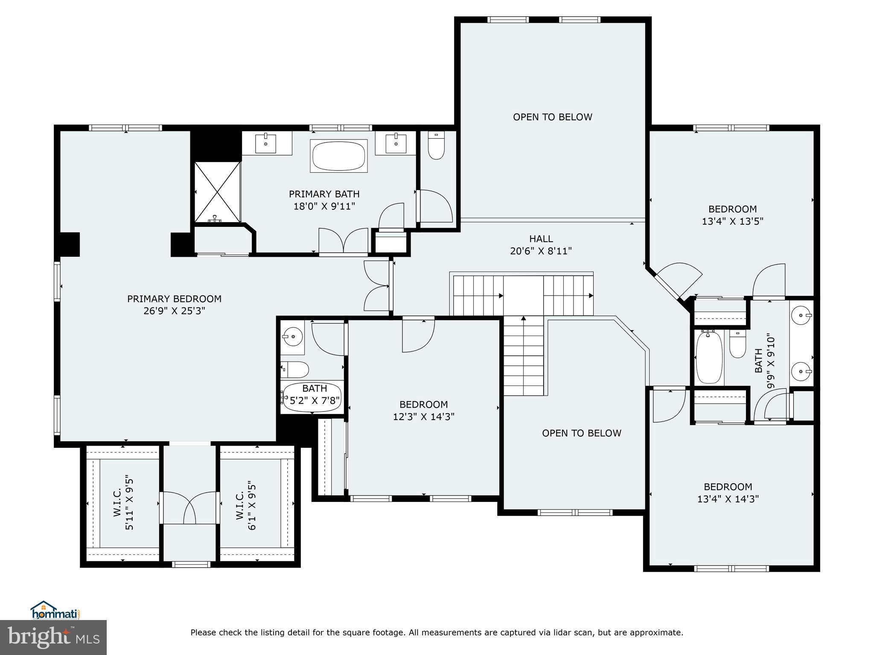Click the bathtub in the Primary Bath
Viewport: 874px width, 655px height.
point(339,157)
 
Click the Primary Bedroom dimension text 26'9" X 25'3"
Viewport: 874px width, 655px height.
point(174,311)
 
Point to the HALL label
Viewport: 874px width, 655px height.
point(541,239)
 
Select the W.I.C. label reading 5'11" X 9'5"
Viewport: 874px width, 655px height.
point(124,503)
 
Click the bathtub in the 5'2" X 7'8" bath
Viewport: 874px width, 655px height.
point(313,398)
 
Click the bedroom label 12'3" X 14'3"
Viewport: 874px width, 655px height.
point(423,417)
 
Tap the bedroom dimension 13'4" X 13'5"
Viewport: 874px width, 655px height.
point(732,221)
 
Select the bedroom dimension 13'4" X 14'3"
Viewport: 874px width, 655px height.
point(728,499)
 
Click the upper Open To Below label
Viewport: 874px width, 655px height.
point(552,117)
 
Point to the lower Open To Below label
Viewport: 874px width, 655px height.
point(581,433)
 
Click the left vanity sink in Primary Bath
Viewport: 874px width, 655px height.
point(266,143)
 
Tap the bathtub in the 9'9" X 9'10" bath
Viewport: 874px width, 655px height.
point(709,357)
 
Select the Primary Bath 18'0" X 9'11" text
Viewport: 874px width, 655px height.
point(324,206)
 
